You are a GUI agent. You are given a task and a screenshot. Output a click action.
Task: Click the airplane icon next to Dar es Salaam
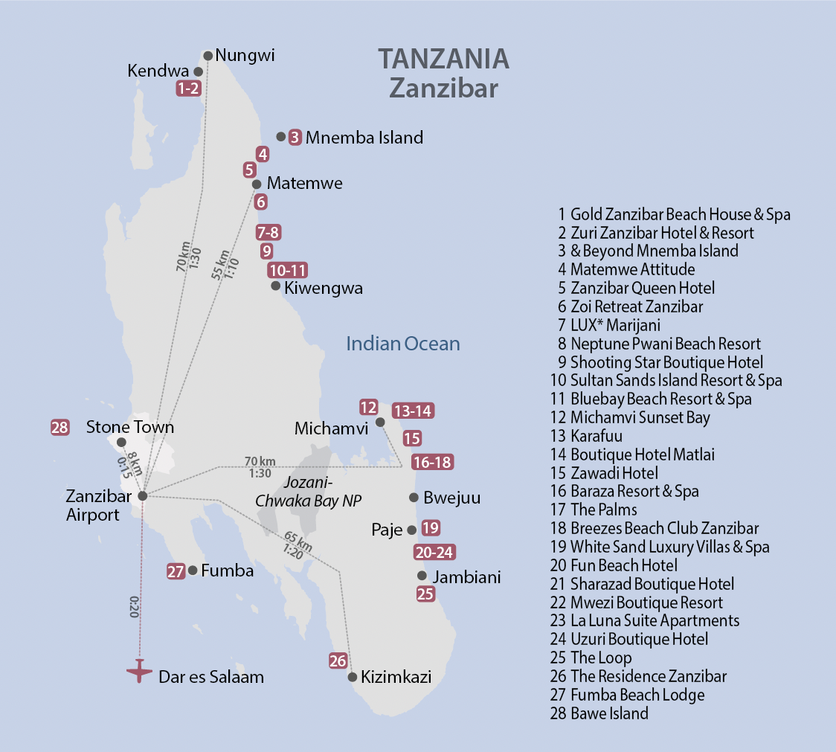(139, 671)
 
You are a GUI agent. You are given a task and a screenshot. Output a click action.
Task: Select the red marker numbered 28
(60, 428)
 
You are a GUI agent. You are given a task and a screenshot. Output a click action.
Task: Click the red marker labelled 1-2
(188, 89)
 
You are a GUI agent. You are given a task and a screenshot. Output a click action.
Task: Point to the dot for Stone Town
(121, 443)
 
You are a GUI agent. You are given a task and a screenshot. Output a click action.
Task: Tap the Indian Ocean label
(403, 344)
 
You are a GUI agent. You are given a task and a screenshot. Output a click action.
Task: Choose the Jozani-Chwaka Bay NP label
(308, 492)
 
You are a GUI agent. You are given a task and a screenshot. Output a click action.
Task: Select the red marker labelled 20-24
(434, 552)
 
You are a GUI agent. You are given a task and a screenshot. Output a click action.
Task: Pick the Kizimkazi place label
(396, 678)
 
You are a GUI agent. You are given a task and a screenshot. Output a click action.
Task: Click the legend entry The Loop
(601, 658)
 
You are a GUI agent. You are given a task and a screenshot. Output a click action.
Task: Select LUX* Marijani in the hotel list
(615, 325)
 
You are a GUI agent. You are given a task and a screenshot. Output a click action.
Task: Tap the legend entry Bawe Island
(609, 713)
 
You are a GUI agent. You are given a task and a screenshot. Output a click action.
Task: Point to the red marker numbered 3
(295, 137)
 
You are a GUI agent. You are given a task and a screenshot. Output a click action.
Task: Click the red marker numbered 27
(176, 571)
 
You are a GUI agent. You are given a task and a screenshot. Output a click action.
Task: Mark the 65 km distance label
(293, 538)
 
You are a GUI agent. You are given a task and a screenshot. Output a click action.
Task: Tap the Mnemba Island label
(364, 138)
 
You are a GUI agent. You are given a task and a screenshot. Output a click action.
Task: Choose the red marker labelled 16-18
(431, 462)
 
